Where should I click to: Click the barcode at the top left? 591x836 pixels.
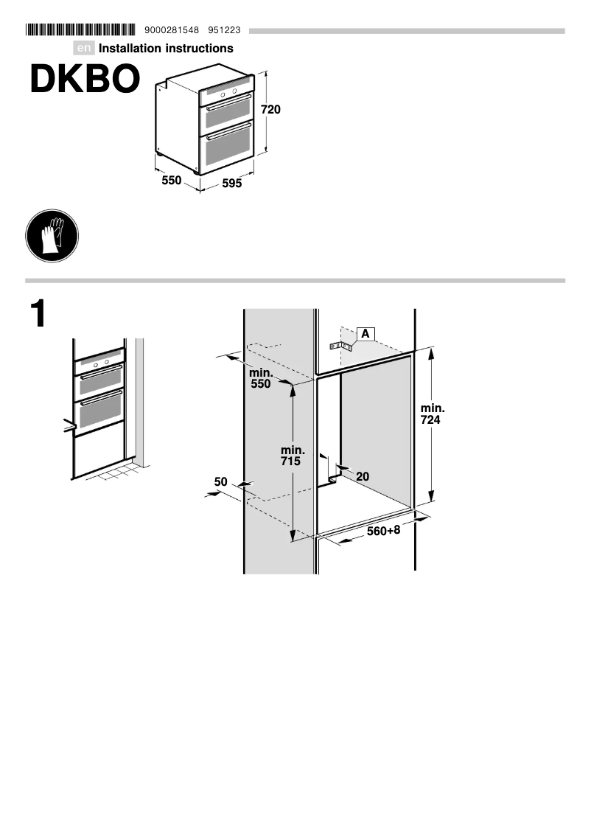click(80, 30)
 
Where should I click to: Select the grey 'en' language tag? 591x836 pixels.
click(85, 49)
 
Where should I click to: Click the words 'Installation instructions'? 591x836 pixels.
click(166, 49)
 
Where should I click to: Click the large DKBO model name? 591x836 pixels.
click(84, 80)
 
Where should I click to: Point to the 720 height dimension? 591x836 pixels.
click(271, 110)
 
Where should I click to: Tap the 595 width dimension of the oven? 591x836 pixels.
click(232, 184)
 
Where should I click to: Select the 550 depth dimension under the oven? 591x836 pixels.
click(172, 180)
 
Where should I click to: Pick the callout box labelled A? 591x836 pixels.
click(365, 333)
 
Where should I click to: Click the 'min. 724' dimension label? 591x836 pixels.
click(433, 414)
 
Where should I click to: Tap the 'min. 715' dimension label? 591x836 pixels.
click(293, 456)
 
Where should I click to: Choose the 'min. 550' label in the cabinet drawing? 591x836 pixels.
click(260, 378)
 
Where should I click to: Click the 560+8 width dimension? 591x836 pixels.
click(383, 531)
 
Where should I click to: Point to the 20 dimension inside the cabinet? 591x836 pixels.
click(363, 477)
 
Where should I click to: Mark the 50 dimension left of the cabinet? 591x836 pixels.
click(220, 482)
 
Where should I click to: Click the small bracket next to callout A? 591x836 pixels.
click(340, 345)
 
